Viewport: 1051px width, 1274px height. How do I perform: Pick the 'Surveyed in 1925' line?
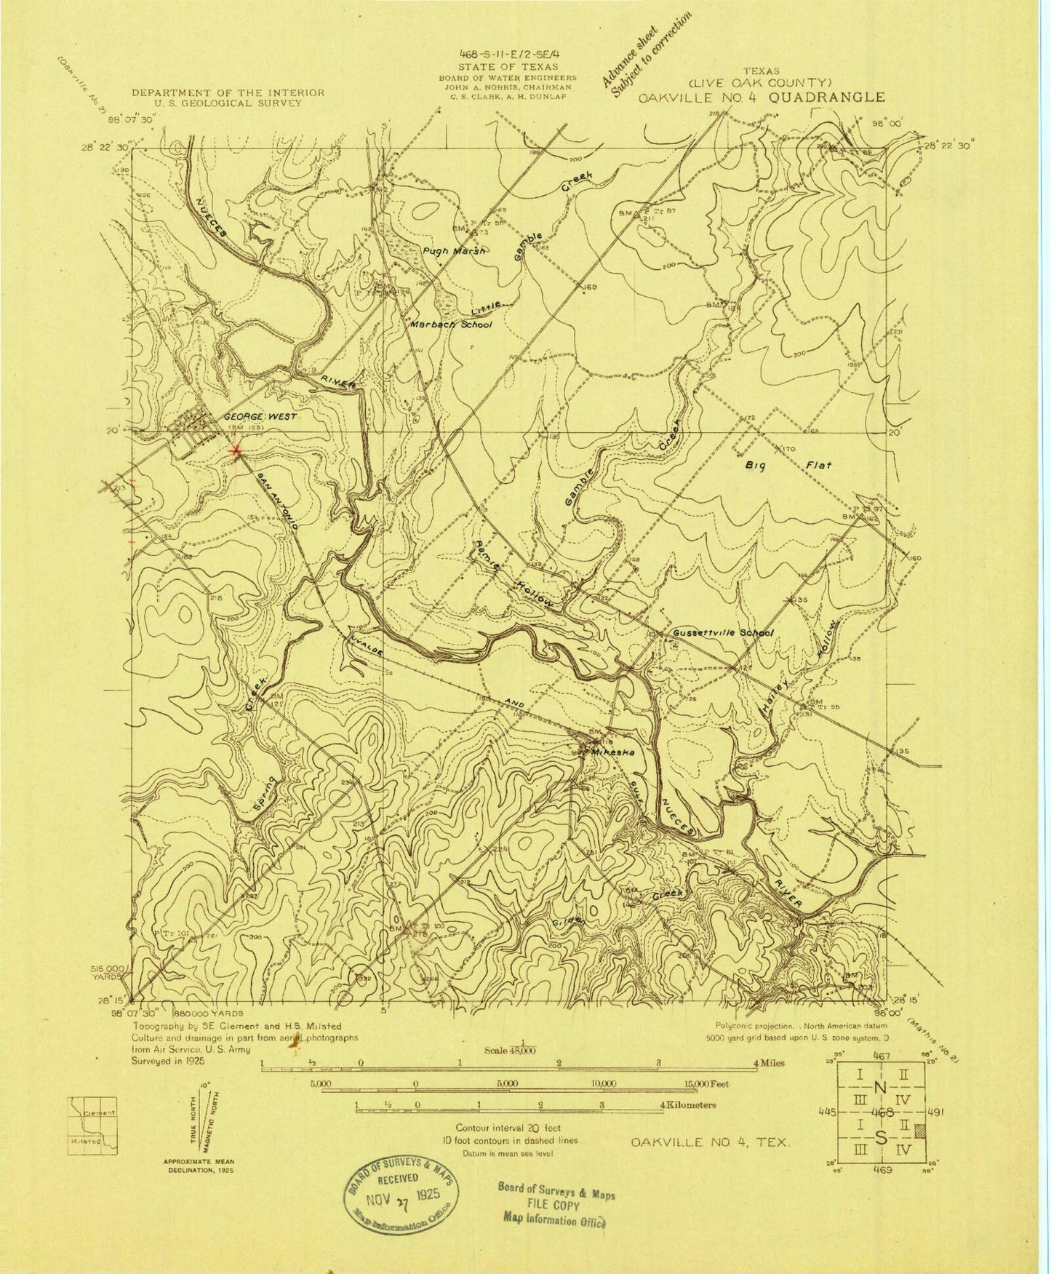[x=172, y=1059]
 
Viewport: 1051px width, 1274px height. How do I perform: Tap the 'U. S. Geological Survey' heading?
[x=228, y=103]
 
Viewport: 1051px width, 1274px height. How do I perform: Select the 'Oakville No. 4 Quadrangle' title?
[x=761, y=97]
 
